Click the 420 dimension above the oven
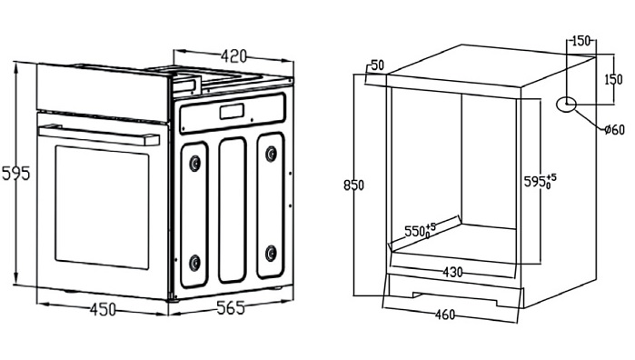click(x=233, y=55)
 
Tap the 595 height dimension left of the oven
click(x=16, y=174)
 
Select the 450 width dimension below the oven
click(x=103, y=310)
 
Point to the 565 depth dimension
click(x=231, y=307)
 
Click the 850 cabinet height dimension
click(x=353, y=185)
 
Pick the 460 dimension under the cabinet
click(x=445, y=315)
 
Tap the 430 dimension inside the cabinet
click(x=452, y=272)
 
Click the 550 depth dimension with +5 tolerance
click(x=420, y=231)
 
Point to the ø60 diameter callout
click(x=614, y=130)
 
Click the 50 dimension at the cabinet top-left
click(x=377, y=65)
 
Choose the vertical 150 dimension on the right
click(x=613, y=79)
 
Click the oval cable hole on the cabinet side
click(x=567, y=105)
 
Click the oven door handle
click(x=99, y=135)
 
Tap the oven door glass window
click(x=102, y=206)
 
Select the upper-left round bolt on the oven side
click(x=195, y=163)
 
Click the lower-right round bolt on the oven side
click(x=271, y=253)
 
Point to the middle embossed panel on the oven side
click(x=232, y=210)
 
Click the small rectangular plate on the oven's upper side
click(x=232, y=112)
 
